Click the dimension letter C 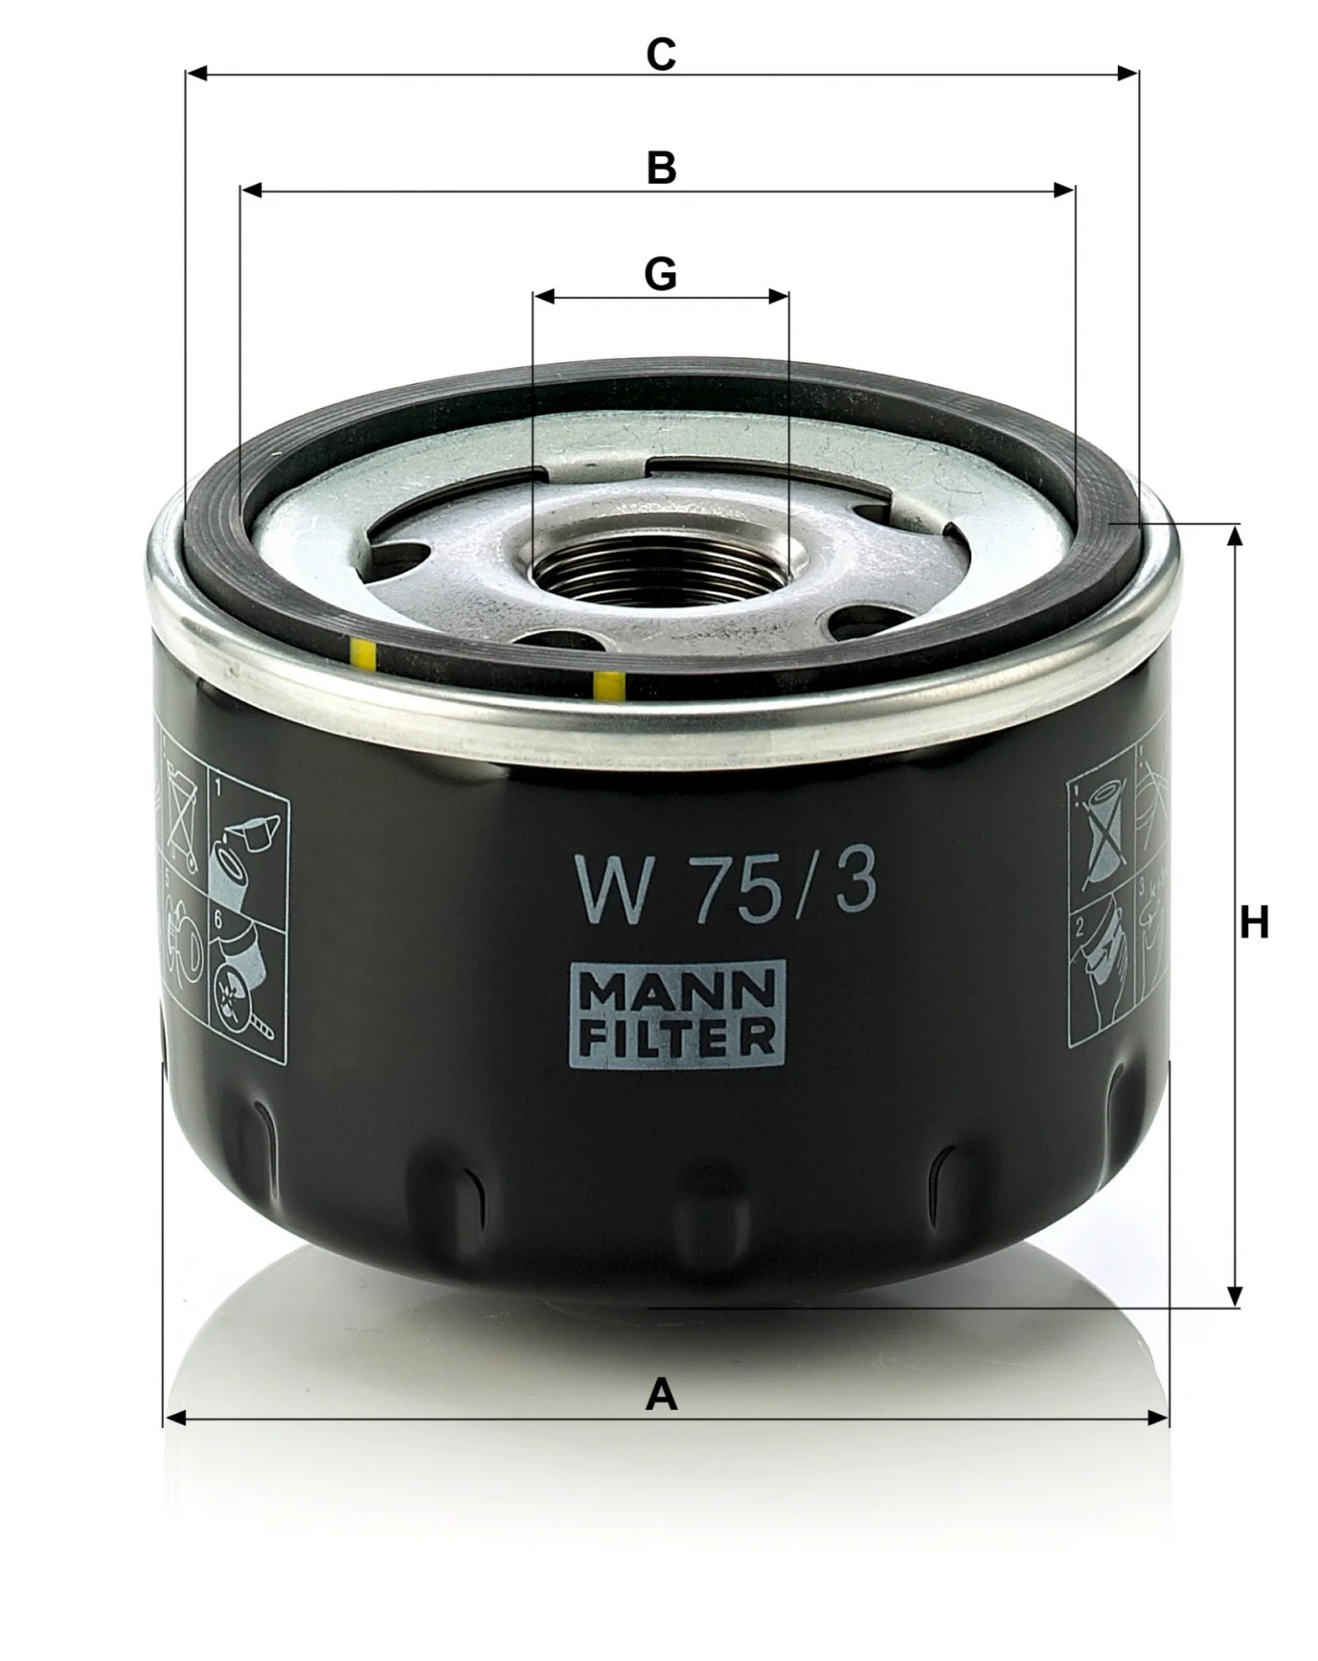[660, 54]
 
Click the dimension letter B [661, 169]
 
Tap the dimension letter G [660, 274]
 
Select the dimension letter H [1253, 922]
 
